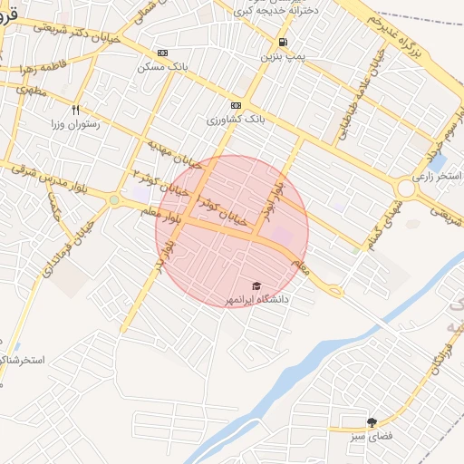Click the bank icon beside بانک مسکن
pos(162,53)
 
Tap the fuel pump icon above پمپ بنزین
pos(284,43)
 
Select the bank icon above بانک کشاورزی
pos(237,105)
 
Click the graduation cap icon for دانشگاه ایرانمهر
pos(256,285)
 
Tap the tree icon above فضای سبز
pos(372,422)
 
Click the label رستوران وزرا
pos(90,126)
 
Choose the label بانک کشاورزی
pos(234,120)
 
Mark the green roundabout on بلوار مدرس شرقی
pos(114,200)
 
